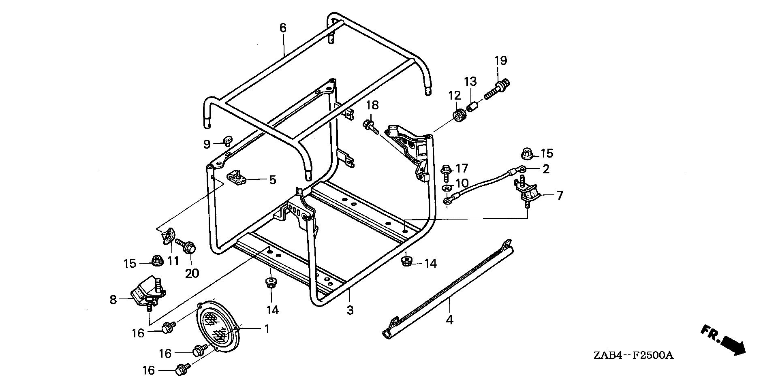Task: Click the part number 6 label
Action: click(283, 28)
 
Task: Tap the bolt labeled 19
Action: click(498, 90)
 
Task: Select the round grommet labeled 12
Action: click(460, 115)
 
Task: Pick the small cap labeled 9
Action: click(227, 141)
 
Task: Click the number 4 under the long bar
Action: click(449, 320)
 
